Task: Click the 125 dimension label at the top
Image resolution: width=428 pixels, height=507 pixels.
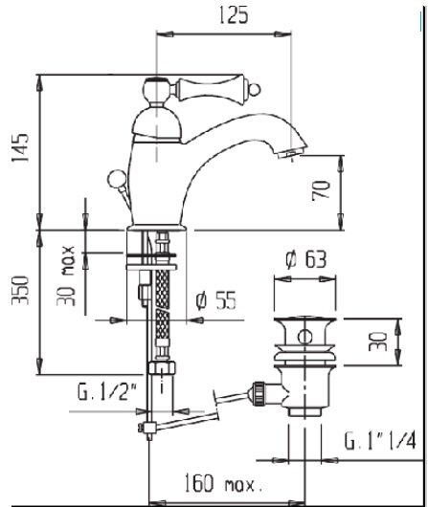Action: point(234,15)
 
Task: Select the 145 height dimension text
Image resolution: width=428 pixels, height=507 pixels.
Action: point(20,147)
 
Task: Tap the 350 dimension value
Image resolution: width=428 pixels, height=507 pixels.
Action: point(20,290)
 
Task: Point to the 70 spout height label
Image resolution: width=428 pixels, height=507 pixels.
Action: point(321,190)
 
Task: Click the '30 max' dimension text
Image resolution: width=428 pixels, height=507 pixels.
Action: point(66,276)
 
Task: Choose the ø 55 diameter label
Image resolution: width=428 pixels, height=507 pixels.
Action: point(216,300)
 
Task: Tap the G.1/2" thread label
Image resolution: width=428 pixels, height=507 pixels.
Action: point(107,391)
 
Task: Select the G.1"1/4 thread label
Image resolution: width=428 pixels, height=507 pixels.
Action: point(379,440)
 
